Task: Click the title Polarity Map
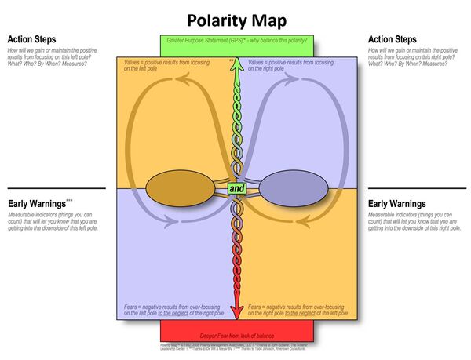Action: [235, 19]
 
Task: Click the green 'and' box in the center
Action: [236, 189]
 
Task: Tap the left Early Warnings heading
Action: [38, 202]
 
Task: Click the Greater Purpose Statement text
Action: [235, 40]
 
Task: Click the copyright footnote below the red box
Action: [235, 347]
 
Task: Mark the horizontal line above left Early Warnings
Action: [52, 188]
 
